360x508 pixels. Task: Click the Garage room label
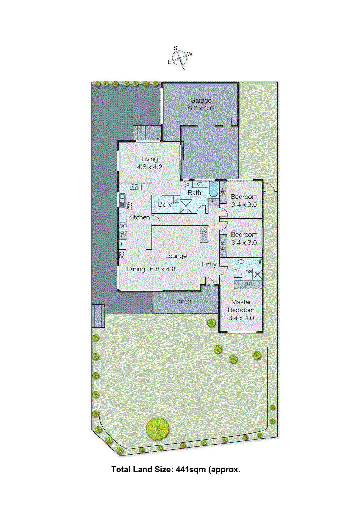(201, 100)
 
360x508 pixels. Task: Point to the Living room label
(149, 159)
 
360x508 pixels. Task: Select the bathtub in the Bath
(213, 189)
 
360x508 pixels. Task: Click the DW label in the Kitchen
(130, 206)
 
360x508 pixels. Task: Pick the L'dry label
(165, 204)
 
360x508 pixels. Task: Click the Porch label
(183, 301)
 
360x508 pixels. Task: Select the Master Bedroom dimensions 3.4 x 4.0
(241, 318)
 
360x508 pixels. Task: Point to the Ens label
(247, 271)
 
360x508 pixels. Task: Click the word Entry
(209, 264)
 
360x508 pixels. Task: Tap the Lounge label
(176, 256)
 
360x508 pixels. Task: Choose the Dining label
(136, 269)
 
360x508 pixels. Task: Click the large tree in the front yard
(157, 429)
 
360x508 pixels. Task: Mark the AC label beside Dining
(122, 255)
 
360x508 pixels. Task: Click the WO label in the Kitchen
(122, 226)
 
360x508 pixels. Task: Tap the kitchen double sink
(122, 200)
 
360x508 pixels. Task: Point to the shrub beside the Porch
(211, 323)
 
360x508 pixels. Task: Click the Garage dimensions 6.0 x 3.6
(201, 108)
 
